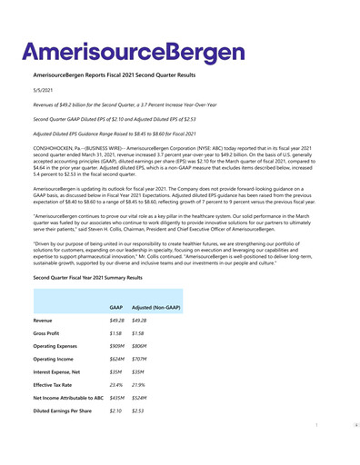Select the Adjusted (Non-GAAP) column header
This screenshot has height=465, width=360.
[x=155, y=309]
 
